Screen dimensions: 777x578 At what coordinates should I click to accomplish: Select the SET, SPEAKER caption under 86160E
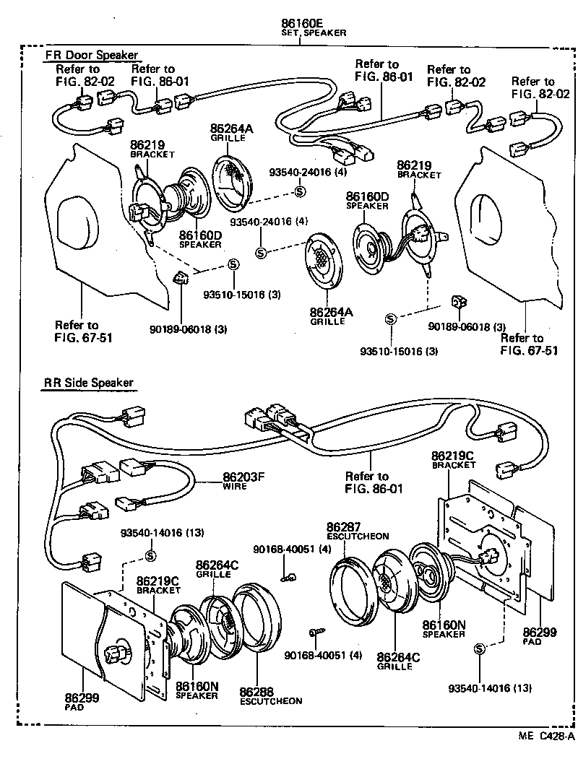[313, 32]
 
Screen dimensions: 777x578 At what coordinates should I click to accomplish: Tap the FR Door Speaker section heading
[91, 56]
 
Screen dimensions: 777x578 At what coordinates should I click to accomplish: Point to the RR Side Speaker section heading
[87, 383]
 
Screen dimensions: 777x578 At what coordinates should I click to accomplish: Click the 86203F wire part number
[245, 477]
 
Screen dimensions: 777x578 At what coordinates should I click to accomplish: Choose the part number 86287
[343, 527]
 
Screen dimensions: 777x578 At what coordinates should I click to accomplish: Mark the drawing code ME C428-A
[545, 736]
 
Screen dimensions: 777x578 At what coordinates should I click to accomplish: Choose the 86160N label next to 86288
[197, 686]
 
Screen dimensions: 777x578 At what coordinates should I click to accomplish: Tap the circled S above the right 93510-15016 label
[390, 318]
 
